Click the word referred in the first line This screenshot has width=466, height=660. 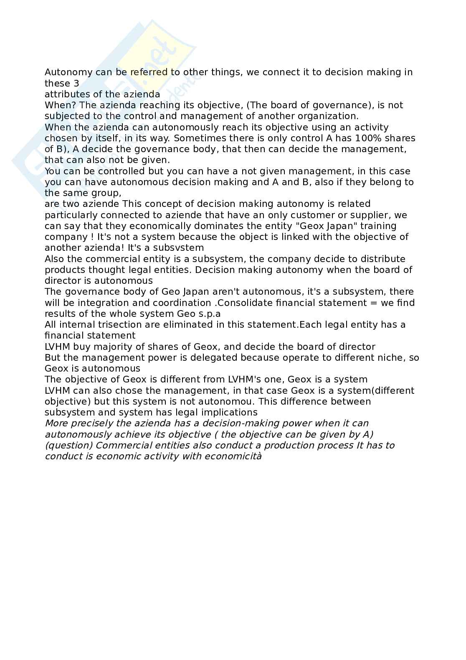click(149, 72)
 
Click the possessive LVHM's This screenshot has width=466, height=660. click(248, 380)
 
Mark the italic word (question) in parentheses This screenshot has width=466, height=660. click(68, 446)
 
